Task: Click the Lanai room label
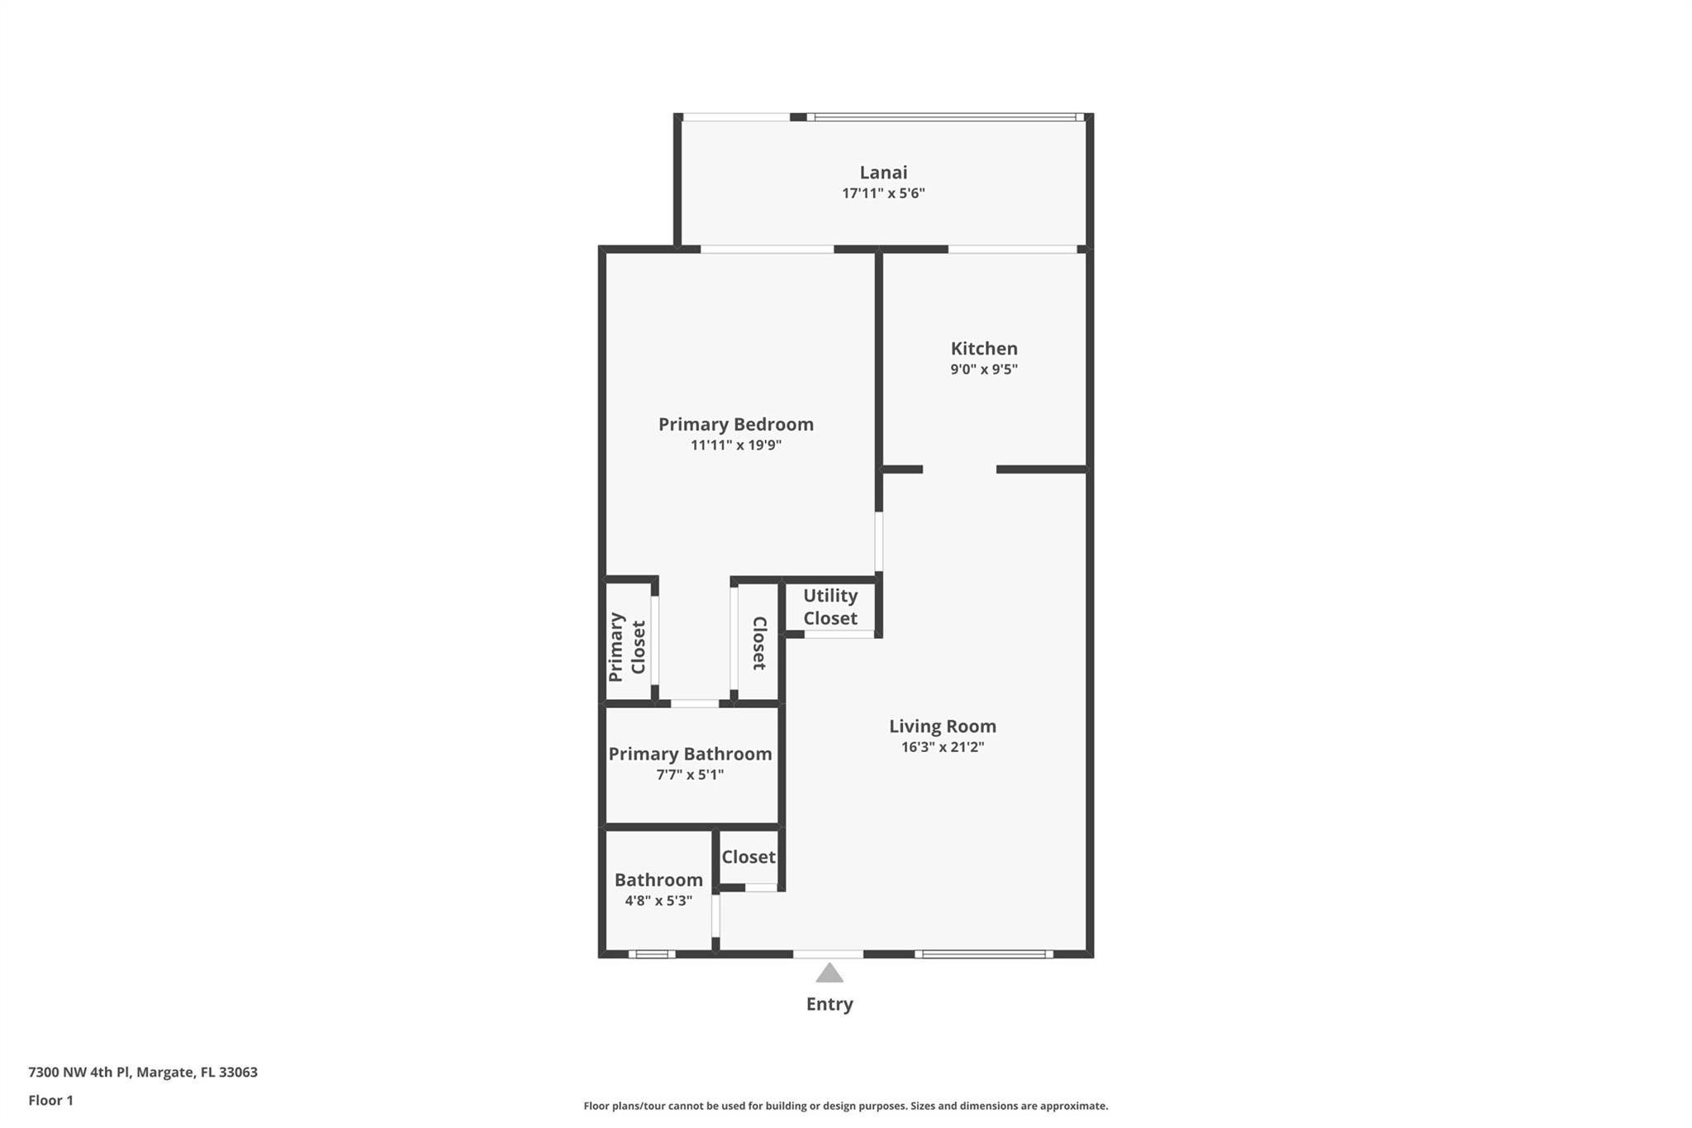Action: [x=883, y=172]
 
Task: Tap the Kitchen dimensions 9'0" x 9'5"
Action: [x=984, y=369]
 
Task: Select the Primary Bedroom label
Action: [x=736, y=424]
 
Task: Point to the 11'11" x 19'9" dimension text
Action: [x=736, y=445]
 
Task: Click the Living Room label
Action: [x=943, y=726]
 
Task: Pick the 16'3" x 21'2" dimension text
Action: [x=943, y=747]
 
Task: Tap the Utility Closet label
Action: [x=830, y=607]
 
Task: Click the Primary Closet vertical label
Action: [x=627, y=647]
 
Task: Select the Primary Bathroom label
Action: [x=690, y=754]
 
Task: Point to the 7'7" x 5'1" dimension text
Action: [x=690, y=775]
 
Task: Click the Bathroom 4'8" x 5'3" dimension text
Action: [x=658, y=901]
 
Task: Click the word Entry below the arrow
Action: [x=829, y=1004]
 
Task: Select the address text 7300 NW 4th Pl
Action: [x=79, y=1072]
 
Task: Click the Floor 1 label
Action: [x=50, y=1100]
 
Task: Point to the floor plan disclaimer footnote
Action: [x=845, y=1106]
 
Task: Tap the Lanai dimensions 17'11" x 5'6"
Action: [x=883, y=193]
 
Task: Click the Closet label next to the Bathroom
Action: [x=749, y=857]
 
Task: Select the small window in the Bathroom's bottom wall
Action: [x=652, y=954]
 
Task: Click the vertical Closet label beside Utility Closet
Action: [x=759, y=643]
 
